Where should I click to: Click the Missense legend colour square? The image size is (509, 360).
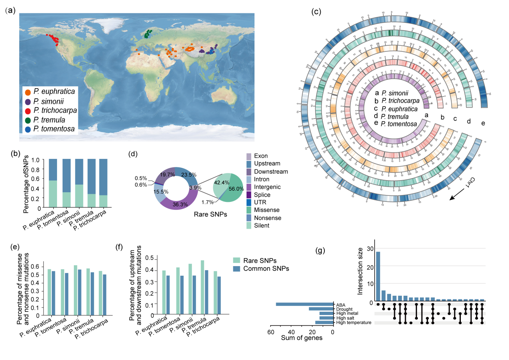point(249,209)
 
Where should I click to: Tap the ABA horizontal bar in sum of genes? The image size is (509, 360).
point(305,304)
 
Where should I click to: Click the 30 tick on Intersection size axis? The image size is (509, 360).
point(370,249)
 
